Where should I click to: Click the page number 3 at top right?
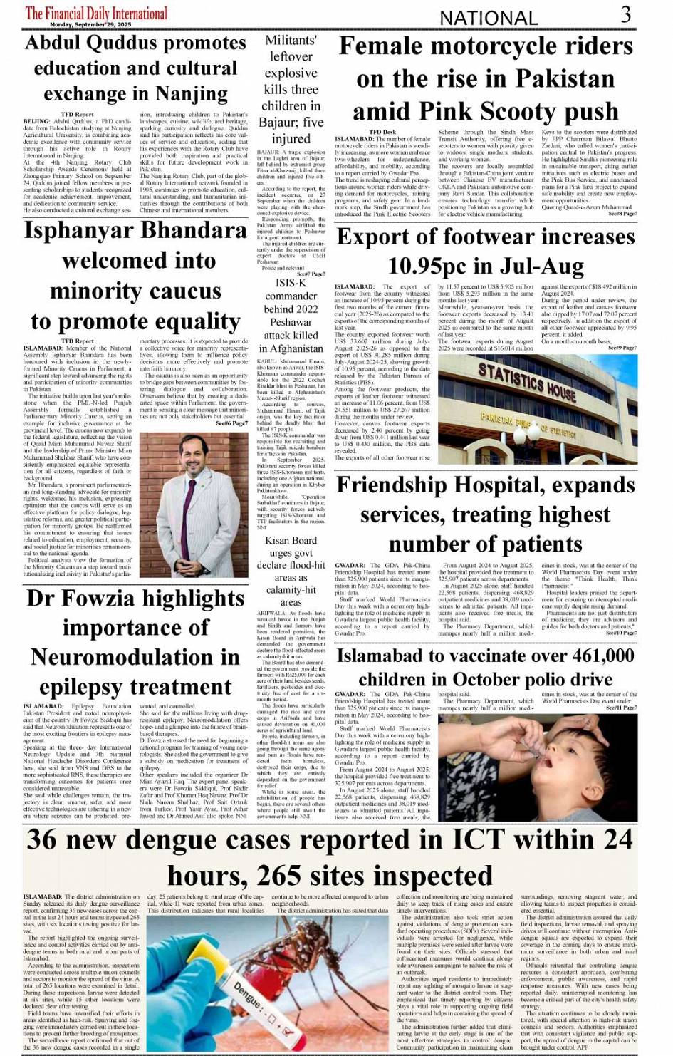pos(625,14)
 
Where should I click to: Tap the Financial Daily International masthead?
pos(96,12)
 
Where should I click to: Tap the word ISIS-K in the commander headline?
pos(291,283)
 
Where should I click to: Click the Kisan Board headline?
pos(291,571)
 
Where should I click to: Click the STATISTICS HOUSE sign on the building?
pos(527,382)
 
